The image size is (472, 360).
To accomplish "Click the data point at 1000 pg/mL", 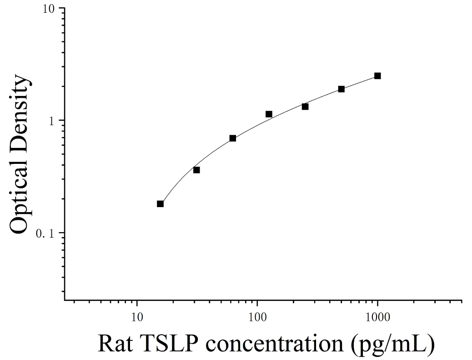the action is pos(377,76).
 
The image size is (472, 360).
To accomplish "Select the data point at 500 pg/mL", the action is pos(341,89).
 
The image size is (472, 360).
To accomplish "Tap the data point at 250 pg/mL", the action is pos(305,106).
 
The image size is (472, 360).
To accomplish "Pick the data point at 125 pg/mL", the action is pos(269,114).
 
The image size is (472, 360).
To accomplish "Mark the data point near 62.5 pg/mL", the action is pos(233,138).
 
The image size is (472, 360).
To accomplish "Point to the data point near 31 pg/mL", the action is pos(196,170).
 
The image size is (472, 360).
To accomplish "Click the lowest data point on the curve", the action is pos(160,204).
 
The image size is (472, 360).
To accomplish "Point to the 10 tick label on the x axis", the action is pos(137,318).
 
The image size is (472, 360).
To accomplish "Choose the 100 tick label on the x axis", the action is pos(257,318).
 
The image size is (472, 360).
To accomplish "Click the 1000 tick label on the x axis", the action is pos(377,318).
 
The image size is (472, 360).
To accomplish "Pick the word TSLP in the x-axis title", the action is pos(169,344).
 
